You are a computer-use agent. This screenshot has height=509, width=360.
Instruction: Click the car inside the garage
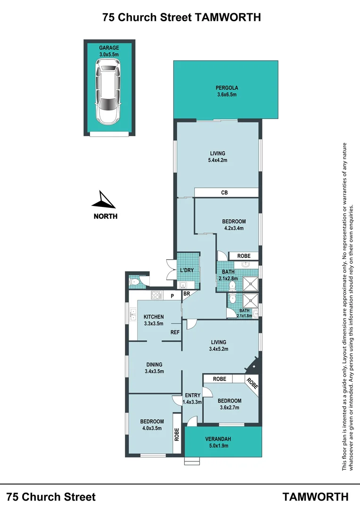[109, 94]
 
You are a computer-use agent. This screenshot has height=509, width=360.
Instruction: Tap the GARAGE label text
[109, 48]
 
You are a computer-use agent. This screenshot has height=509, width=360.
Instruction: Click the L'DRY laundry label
[187, 271]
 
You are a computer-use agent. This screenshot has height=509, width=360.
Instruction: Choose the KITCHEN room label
[154, 317]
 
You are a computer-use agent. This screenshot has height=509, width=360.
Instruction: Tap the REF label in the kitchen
[175, 332]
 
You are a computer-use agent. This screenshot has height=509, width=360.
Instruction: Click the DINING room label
[154, 364]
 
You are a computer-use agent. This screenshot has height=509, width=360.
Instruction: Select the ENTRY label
[192, 395]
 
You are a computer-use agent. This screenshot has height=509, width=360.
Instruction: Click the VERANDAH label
[223, 439]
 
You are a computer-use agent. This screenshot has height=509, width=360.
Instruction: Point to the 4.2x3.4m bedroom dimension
[234, 228]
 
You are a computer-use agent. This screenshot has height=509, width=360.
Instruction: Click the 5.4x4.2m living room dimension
[217, 160]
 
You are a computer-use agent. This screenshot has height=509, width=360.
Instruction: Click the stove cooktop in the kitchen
[156, 296]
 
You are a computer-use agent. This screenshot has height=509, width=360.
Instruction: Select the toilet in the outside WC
[135, 283]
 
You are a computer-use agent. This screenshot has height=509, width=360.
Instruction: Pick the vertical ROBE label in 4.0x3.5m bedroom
[177, 434]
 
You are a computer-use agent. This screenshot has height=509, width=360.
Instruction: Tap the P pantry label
[172, 296]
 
